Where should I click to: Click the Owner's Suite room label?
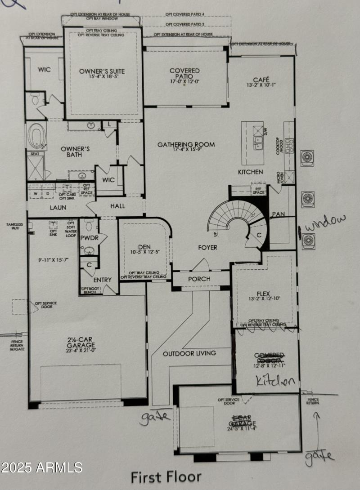click(x=102, y=71)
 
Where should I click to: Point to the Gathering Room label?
click(x=186, y=145)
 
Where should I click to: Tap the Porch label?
click(x=199, y=279)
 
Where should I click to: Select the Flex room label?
click(x=263, y=294)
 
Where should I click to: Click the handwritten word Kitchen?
click(x=275, y=382)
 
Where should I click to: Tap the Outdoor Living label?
click(x=189, y=353)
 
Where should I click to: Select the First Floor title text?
click(x=166, y=477)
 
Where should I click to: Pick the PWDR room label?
click(x=89, y=237)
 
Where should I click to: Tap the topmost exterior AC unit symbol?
click(x=308, y=158)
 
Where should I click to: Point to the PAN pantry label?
click(x=278, y=214)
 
